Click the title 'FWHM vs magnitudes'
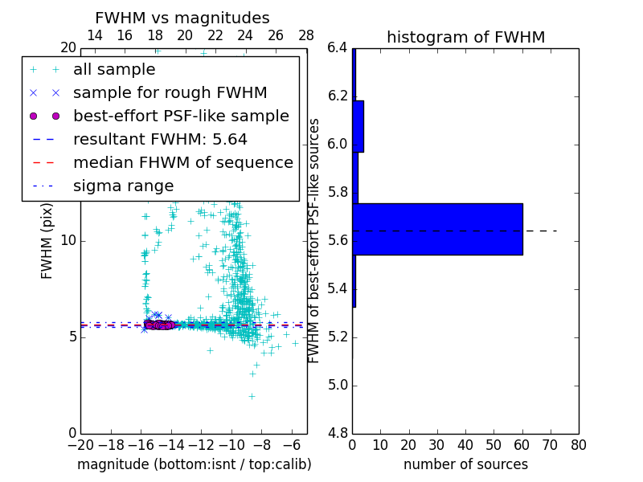182,18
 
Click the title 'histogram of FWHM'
465,37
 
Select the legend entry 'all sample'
114,70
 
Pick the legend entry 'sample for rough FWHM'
170,93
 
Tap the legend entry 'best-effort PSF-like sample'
181,116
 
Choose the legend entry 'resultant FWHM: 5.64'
160,140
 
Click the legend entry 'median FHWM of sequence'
182,163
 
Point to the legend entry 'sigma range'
123,186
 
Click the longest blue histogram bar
437,229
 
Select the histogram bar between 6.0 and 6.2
358,126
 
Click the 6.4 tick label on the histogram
337,48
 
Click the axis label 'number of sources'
465,464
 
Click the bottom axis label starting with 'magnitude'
194,464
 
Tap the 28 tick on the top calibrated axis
306,35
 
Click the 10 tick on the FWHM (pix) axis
68,241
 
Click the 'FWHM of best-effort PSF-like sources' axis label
314,241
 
